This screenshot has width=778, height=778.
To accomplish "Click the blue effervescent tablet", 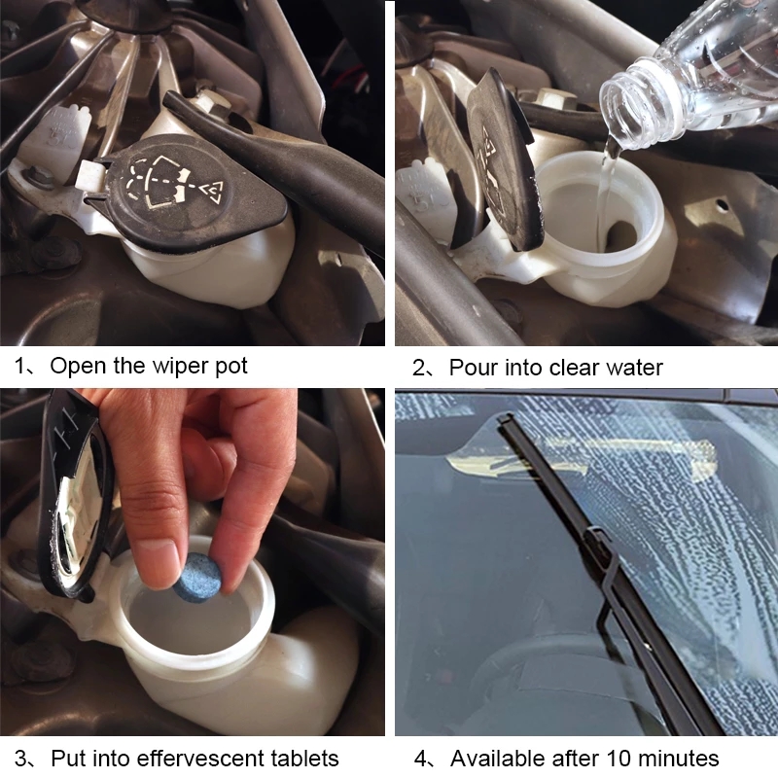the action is click(197, 578).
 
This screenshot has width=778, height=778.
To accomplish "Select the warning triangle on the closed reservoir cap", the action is click(212, 192).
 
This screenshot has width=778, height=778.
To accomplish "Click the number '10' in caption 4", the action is click(619, 759).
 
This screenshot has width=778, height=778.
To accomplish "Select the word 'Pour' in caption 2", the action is click(474, 368).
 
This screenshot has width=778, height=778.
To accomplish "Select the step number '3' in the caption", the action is click(20, 759).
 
